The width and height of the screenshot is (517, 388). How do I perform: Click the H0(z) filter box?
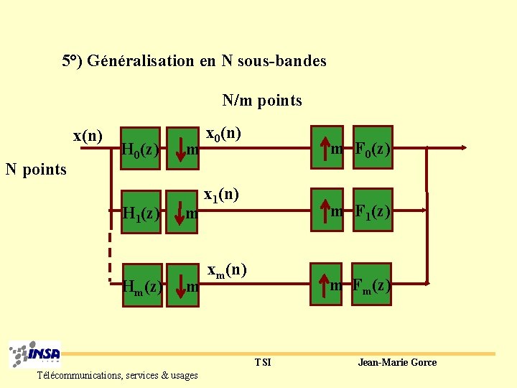point(141,149)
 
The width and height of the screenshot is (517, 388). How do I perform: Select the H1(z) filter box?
point(141,213)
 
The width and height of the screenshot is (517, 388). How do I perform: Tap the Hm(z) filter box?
point(141,286)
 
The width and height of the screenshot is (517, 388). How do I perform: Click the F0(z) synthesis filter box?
point(373,148)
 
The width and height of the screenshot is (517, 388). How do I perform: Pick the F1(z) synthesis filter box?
point(373,211)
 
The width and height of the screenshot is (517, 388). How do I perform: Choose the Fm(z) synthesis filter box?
point(372,285)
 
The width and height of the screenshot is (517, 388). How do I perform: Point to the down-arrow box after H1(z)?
point(182,212)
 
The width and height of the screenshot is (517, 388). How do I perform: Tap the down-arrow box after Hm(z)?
point(182,285)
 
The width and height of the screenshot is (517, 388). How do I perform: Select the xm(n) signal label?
point(227,271)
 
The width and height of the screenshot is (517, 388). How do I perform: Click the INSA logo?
point(35,354)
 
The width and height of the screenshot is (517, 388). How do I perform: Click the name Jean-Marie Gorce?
point(397,362)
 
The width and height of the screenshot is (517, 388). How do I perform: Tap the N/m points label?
point(262,101)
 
